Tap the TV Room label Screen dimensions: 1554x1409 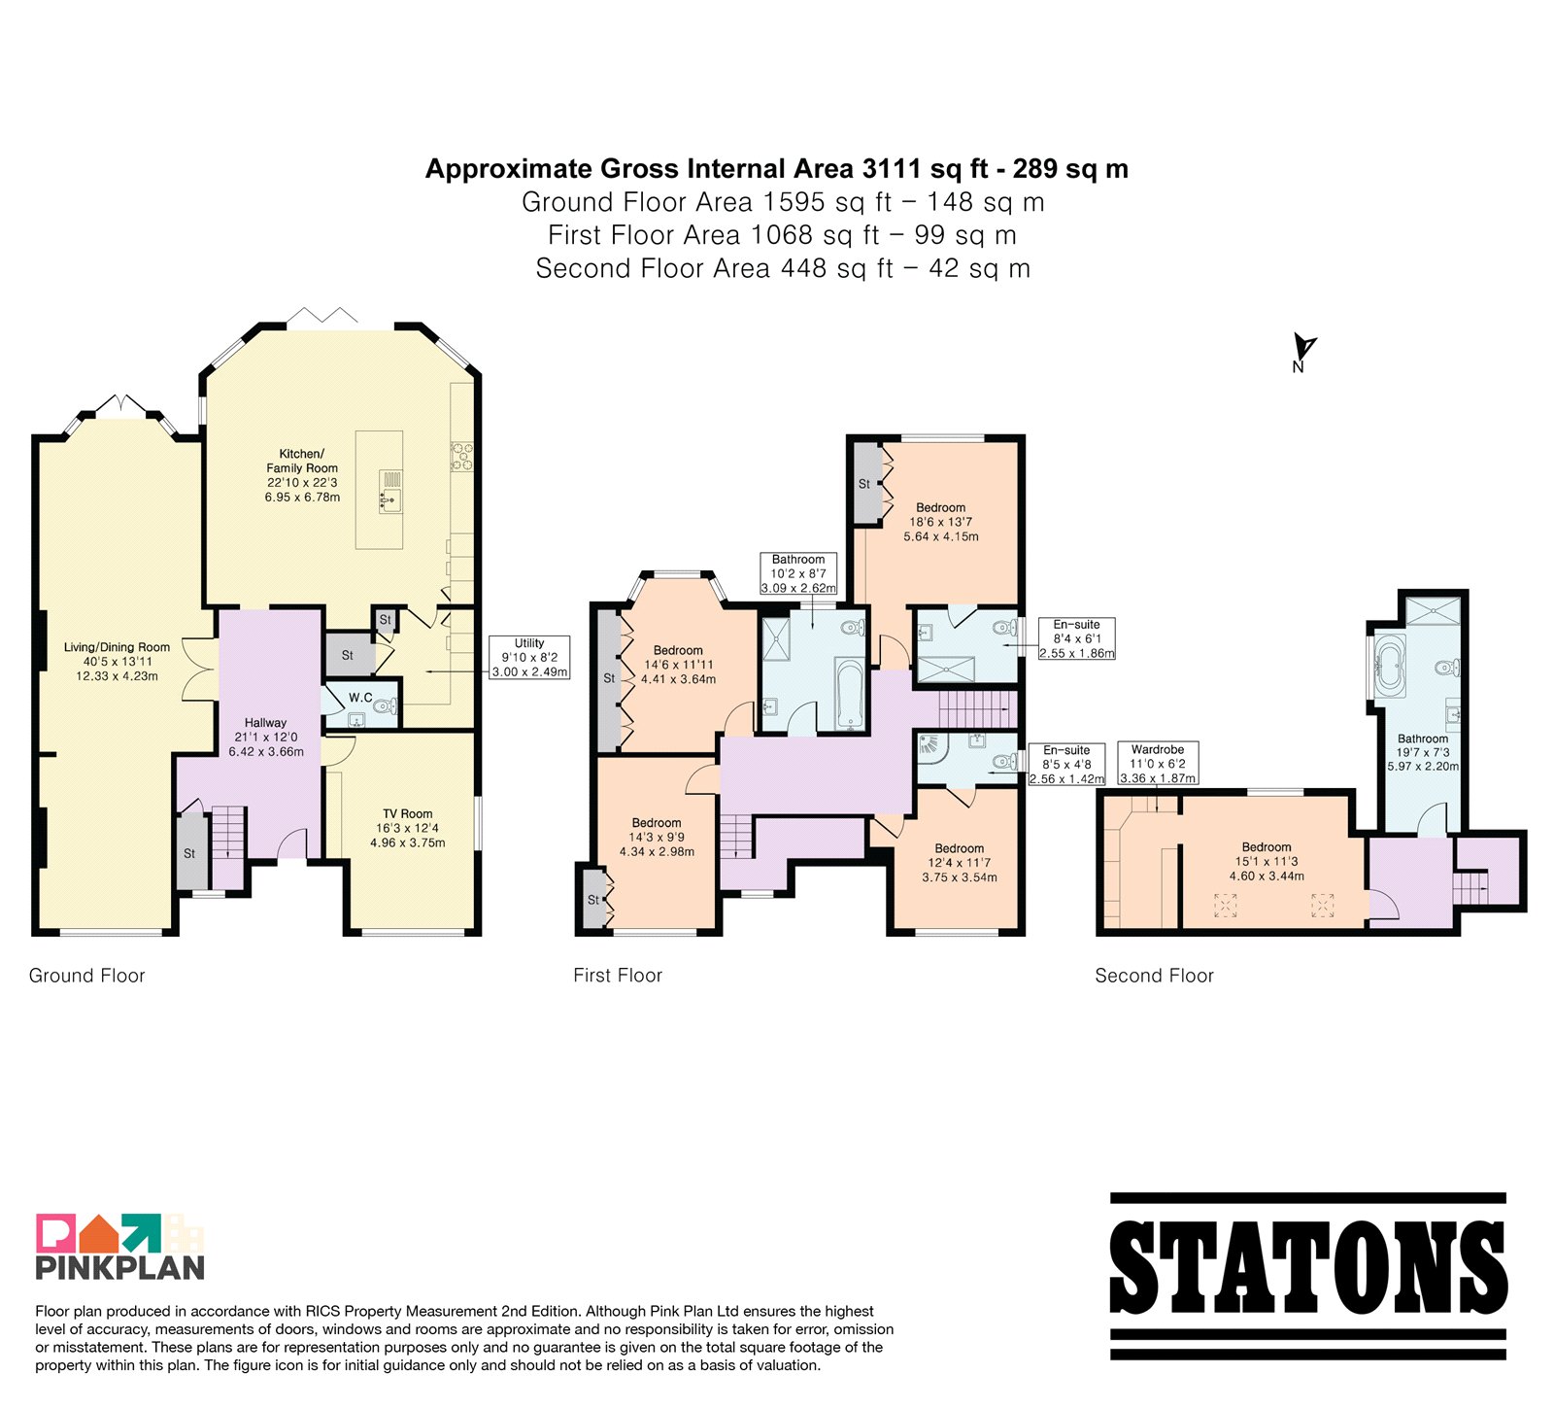point(408,814)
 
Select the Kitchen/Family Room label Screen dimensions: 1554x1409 point(302,461)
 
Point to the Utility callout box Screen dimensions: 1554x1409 point(529,658)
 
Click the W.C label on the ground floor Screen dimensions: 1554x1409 point(360,698)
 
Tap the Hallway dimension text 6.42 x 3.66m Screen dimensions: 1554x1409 point(266,751)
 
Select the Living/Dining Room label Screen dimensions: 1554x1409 point(117,647)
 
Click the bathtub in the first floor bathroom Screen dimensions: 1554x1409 point(850,695)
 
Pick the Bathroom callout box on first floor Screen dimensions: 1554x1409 point(798,573)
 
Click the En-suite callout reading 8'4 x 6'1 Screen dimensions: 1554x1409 point(1077,638)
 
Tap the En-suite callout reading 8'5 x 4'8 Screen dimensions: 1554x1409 point(1066,764)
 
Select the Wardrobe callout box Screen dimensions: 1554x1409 point(1158,764)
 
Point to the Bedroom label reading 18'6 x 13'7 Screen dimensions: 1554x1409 point(941,522)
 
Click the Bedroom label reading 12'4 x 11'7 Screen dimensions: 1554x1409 point(960,863)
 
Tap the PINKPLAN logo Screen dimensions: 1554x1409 point(120,1246)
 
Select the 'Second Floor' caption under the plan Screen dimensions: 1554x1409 point(1154,976)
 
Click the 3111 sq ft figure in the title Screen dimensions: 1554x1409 point(925,169)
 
